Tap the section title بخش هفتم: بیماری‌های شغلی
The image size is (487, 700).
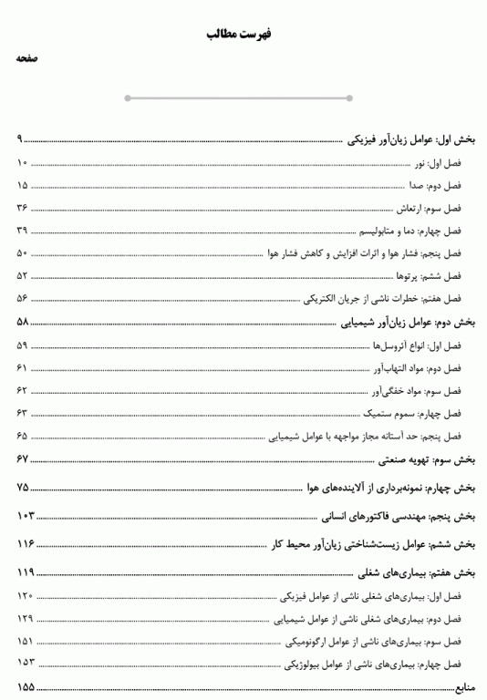click(417, 572)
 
